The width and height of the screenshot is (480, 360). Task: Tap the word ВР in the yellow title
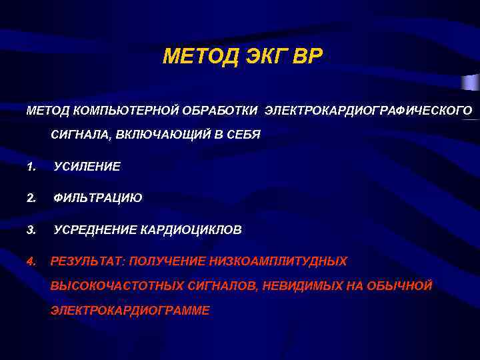pyautogui.click(x=306, y=58)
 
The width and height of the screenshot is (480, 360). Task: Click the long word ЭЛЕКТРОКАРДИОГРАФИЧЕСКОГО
pyautogui.click(x=368, y=109)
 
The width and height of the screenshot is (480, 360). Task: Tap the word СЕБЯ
pyautogui.click(x=242, y=134)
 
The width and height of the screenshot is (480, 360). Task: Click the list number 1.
pyautogui.click(x=30, y=166)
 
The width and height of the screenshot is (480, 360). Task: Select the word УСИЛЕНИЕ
pyautogui.click(x=87, y=166)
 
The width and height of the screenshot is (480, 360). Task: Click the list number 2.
pyautogui.click(x=30, y=198)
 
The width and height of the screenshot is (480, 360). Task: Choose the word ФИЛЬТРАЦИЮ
pyautogui.click(x=98, y=198)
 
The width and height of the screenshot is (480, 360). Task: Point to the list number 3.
pyautogui.click(x=30, y=230)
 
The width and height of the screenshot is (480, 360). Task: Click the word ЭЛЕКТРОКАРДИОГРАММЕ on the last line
pyautogui.click(x=131, y=311)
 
